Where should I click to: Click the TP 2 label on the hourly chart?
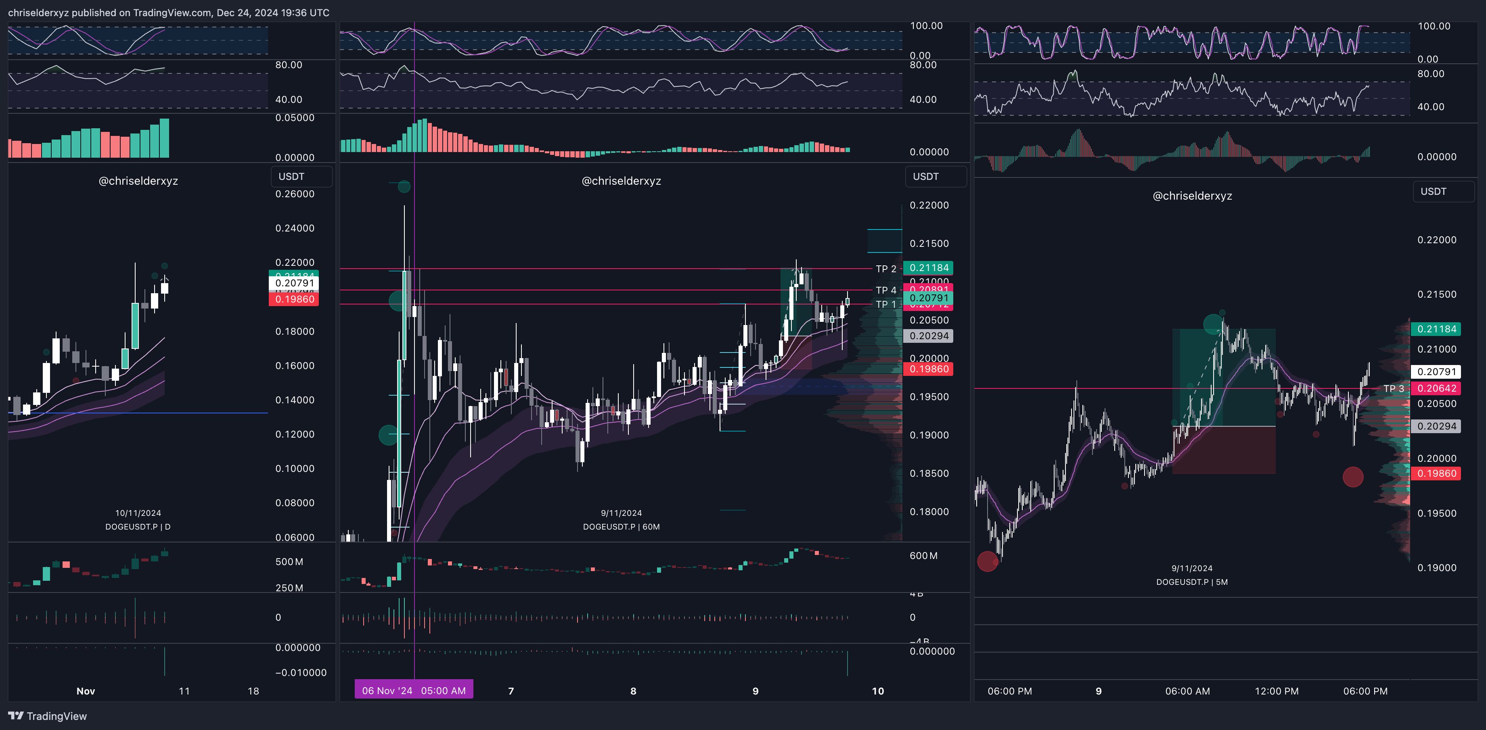click(x=885, y=269)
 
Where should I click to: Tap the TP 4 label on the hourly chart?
click(x=885, y=290)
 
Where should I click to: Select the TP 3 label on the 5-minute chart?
click(x=1393, y=389)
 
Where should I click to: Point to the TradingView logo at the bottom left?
click(x=47, y=716)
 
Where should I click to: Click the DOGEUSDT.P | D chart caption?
click(x=138, y=526)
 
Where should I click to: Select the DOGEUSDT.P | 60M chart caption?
click(x=621, y=526)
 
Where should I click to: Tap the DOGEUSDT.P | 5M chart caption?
click(x=1192, y=582)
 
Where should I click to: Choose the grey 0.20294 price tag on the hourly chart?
click(x=929, y=336)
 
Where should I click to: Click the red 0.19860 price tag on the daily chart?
click(x=294, y=299)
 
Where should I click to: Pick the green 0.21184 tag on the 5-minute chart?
click(x=1436, y=329)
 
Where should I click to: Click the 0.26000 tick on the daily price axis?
click(x=295, y=194)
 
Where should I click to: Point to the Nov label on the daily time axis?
click(x=86, y=691)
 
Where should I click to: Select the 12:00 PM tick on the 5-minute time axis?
click(x=1277, y=691)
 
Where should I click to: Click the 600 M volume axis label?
click(x=923, y=556)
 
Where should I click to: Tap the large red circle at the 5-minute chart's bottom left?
click(x=987, y=561)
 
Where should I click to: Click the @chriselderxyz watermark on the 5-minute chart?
click(x=1192, y=196)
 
